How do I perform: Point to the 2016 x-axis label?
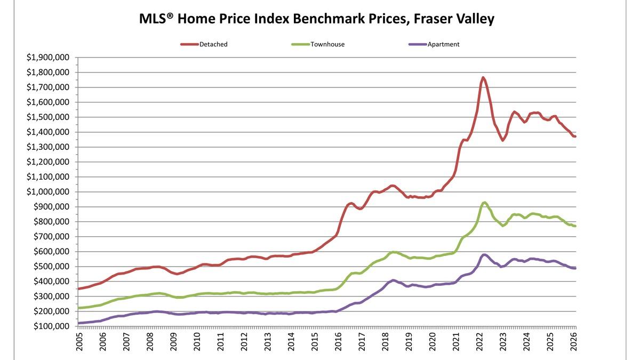[338, 342]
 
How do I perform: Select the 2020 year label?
[432, 342]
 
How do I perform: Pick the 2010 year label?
[197, 342]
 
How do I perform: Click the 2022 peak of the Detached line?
[483, 78]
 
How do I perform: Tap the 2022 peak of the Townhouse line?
[484, 202]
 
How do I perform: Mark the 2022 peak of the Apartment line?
[484, 255]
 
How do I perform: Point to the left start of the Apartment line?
[79, 323]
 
